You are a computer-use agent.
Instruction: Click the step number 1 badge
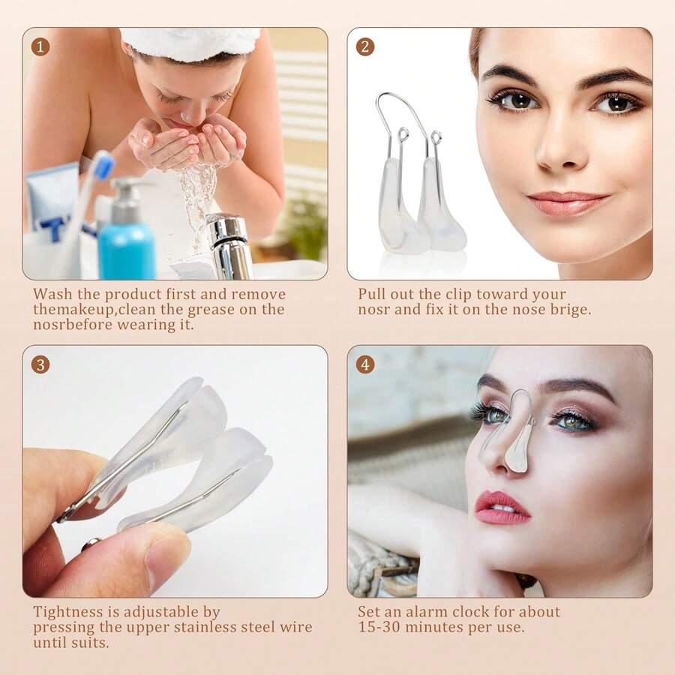pos(40,46)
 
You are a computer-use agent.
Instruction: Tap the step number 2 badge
pos(365,46)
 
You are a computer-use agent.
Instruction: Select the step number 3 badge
pos(40,364)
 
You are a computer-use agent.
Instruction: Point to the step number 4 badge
pos(365,364)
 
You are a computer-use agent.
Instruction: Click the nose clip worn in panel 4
pos(517,442)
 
